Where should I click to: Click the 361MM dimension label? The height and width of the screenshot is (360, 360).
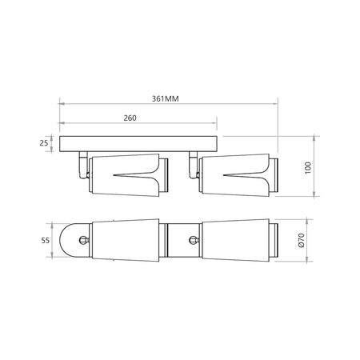[166, 99]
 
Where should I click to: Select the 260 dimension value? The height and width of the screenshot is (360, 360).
[130, 118]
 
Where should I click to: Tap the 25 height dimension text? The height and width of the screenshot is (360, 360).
[44, 143]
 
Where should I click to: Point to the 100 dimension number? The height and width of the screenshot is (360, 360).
[308, 168]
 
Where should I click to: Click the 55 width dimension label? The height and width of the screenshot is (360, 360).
[46, 241]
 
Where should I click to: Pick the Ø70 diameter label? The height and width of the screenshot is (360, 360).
[302, 240]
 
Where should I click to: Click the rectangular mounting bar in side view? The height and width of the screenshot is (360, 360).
[138, 144]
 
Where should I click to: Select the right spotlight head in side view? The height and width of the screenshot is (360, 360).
[238, 175]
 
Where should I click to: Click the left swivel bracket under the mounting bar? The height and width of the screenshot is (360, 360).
[83, 165]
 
